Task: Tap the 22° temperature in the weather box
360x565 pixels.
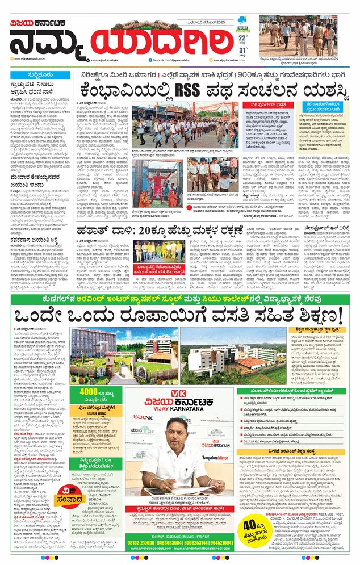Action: pos(242,37)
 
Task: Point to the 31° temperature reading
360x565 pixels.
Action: pos(242,51)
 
